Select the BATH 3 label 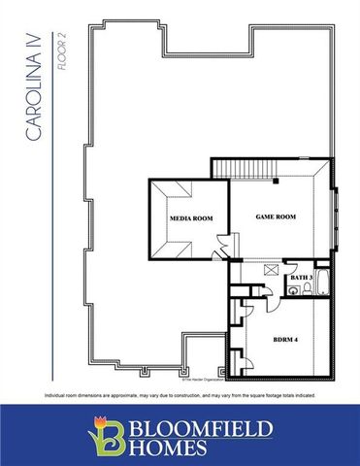[302, 279]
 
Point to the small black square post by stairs [276, 181]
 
